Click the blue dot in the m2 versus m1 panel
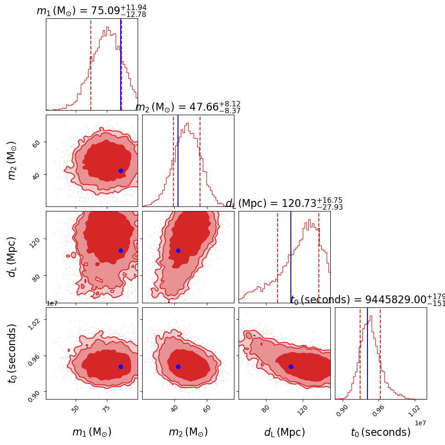(x=121, y=171)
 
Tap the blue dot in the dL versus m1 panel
(x=121, y=250)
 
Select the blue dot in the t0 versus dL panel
(x=291, y=367)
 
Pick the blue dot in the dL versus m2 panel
(x=178, y=250)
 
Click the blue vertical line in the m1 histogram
(x=121, y=64)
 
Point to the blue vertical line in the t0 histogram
(x=367, y=353)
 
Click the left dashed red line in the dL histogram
(x=278, y=257)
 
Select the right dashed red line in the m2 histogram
(x=200, y=161)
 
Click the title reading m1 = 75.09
(x=91, y=11)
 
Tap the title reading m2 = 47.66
(x=188, y=107)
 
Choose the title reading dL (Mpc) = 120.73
(x=284, y=204)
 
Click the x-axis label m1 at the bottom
(x=92, y=432)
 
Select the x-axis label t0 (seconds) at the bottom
(x=381, y=432)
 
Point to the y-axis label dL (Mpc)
(x=12, y=257)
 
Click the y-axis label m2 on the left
(x=12, y=161)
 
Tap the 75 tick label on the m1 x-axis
(x=106, y=410)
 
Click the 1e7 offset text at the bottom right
(x=420, y=423)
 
